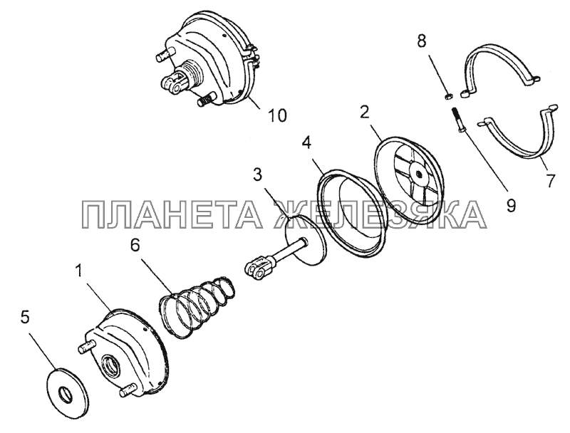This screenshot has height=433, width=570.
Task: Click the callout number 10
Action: [x=277, y=115]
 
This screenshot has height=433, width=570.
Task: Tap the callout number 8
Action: [x=421, y=41]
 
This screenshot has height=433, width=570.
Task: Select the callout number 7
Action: [x=551, y=181]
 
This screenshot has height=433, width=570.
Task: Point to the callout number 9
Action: [x=511, y=206]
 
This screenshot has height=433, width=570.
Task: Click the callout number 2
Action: [x=365, y=113]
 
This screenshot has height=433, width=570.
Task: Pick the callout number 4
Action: [x=306, y=143]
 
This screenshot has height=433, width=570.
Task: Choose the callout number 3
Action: [x=257, y=174]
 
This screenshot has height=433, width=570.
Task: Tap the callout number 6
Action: [x=135, y=246]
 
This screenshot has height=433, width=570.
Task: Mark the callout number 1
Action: [x=78, y=271]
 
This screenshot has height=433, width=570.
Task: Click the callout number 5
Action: [x=25, y=317]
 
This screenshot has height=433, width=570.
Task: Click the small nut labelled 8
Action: [x=449, y=96]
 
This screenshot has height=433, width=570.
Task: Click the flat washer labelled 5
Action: [x=66, y=392]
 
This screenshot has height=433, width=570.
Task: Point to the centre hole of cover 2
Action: [x=419, y=174]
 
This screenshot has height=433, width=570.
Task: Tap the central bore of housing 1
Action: [x=110, y=364]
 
